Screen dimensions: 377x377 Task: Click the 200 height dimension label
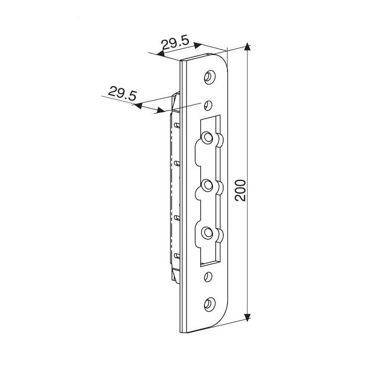coord(240,190)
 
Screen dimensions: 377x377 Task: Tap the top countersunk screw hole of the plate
coord(210,77)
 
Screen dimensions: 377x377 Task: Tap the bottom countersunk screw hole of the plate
coord(209,305)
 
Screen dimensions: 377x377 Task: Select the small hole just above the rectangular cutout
coord(208,105)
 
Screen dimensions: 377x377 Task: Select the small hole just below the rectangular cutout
coord(208,276)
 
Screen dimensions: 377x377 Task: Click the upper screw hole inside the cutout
coord(207,138)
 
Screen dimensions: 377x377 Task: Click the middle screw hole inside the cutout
coord(207,185)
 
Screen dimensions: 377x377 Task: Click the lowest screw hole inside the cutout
coord(207,233)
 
